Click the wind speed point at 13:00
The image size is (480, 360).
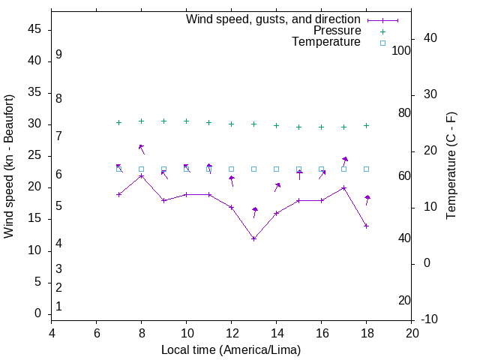click(254, 238)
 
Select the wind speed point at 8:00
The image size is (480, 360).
click(141, 175)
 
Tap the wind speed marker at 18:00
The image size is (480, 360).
click(367, 226)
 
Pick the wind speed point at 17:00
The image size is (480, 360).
click(344, 187)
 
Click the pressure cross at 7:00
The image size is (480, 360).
click(118, 122)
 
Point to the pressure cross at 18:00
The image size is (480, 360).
click(367, 125)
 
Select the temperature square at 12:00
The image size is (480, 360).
click(232, 169)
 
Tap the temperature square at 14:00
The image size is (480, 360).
click(277, 169)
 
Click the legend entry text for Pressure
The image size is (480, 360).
click(337, 31)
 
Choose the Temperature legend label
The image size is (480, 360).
click(326, 42)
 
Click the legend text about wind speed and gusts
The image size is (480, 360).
click(273, 19)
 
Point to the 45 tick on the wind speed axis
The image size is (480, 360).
click(34, 29)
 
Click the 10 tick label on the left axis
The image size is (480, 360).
click(34, 250)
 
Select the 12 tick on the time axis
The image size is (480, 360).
click(232, 333)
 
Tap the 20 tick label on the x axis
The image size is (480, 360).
click(412, 333)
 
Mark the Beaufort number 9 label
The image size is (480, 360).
click(58, 55)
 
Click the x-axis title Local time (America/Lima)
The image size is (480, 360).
click(231, 349)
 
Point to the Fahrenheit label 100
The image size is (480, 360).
click(401, 50)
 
